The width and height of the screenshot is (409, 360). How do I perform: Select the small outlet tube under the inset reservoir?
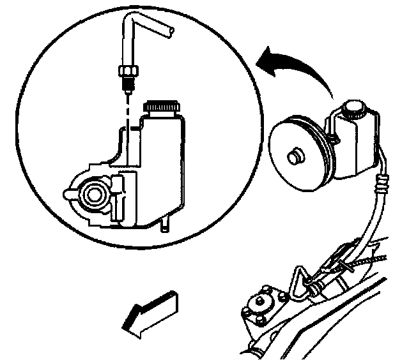point(164,224)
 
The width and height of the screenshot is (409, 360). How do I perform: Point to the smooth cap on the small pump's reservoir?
point(353,108)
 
